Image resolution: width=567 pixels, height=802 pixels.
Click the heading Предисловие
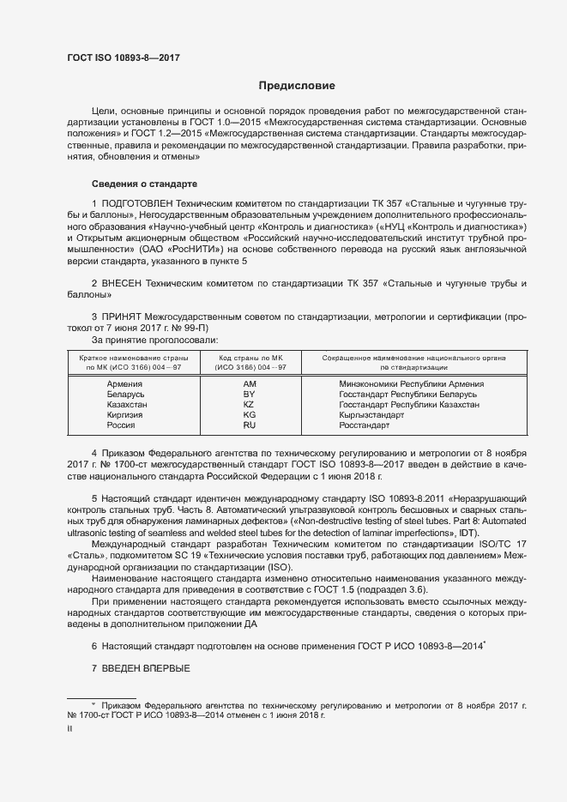(x=297, y=86)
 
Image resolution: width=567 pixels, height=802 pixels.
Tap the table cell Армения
(x=124, y=384)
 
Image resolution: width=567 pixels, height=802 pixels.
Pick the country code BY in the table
(x=250, y=395)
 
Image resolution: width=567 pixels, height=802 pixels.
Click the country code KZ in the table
(x=250, y=405)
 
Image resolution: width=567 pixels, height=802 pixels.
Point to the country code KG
(x=250, y=415)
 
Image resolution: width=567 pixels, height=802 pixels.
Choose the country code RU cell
(x=250, y=425)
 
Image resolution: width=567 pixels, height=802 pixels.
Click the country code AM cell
(x=250, y=384)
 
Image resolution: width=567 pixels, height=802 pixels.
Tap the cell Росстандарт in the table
(x=365, y=425)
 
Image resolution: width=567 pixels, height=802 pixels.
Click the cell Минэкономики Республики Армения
(x=412, y=384)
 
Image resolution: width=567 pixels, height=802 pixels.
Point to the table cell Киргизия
(x=124, y=415)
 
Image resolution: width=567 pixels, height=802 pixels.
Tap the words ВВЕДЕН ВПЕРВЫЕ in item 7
(x=146, y=668)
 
